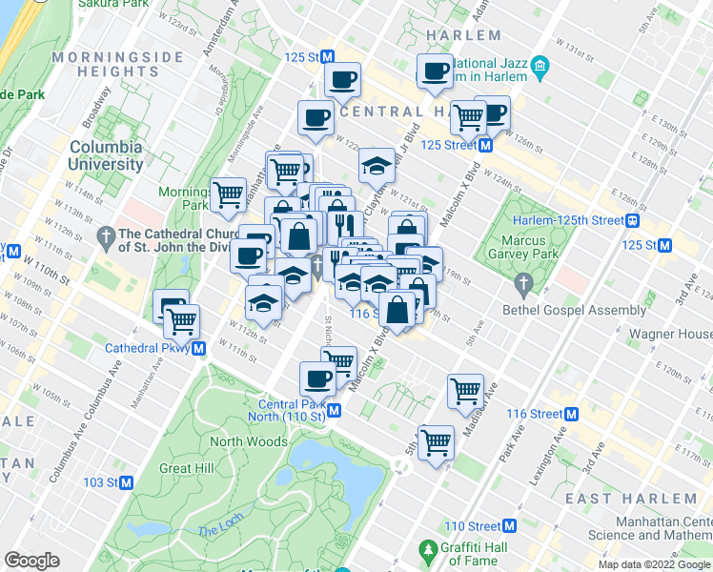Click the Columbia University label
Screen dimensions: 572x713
(106, 155)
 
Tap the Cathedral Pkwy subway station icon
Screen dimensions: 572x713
(199, 348)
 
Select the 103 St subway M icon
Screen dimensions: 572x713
(126, 482)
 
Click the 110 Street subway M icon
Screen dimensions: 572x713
(509, 526)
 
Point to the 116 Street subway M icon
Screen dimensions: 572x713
(572, 414)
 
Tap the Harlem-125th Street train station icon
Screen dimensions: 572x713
(631, 220)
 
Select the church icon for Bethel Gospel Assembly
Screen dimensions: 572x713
(522, 284)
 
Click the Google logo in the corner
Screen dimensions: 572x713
(32, 561)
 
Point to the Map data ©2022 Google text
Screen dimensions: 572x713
(654, 564)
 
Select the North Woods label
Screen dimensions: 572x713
(248, 441)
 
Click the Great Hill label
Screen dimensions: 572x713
(187, 468)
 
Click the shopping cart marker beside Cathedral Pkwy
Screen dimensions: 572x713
(180, 321)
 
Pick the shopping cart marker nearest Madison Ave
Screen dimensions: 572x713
(464, 389)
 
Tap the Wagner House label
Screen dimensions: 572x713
(669, 335)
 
